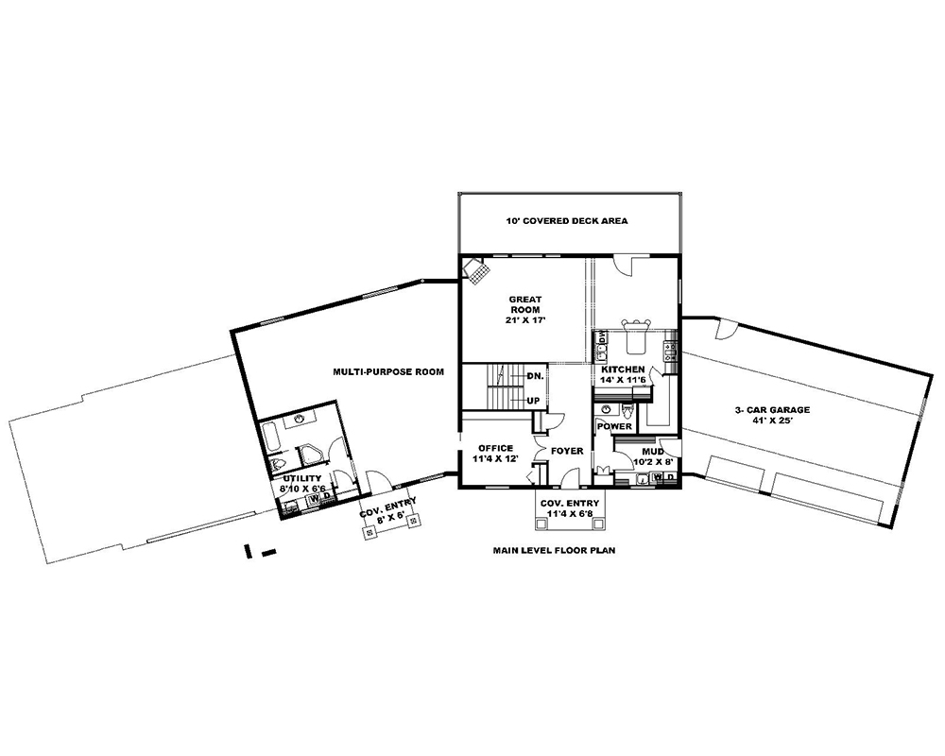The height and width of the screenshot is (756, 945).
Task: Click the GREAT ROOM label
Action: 523,309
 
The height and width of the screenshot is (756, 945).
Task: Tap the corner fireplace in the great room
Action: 476,273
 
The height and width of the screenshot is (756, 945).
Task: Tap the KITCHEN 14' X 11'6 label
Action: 623,375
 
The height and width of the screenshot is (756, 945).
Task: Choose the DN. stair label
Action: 534,376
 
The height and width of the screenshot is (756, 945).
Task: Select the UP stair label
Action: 533,401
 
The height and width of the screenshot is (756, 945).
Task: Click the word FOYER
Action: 568,451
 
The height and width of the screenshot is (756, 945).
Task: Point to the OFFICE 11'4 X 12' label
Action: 496,454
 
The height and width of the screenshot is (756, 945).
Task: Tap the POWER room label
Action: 614,427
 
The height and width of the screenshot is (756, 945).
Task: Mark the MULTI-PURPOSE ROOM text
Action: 388,372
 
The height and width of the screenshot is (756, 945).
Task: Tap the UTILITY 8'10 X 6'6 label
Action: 301,485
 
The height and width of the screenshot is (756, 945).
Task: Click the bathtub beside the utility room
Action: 268,439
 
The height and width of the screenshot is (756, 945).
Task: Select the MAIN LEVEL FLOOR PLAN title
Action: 553,549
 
